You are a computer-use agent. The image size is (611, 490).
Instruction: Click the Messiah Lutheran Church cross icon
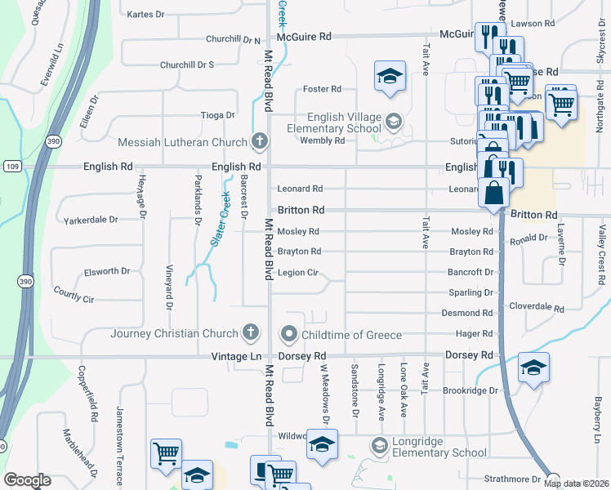[x=260, y=142]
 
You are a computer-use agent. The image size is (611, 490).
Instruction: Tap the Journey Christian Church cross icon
[x=251, y=333]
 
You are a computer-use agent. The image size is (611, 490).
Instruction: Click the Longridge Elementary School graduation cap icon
[x=379, y=446]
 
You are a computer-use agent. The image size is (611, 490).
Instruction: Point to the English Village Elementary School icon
[x=394, y=122]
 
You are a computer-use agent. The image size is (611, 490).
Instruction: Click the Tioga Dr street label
[x=218, y=115]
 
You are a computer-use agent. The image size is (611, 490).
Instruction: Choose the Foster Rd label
[x=321, y=89]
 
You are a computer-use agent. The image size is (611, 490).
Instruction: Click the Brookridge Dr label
[x=470, y=390]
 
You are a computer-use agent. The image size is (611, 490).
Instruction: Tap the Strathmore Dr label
[x=513, y=479]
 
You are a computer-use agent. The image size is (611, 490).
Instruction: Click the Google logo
[x=27, y=480]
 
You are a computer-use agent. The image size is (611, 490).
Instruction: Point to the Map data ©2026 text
[x=576, y=483]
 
